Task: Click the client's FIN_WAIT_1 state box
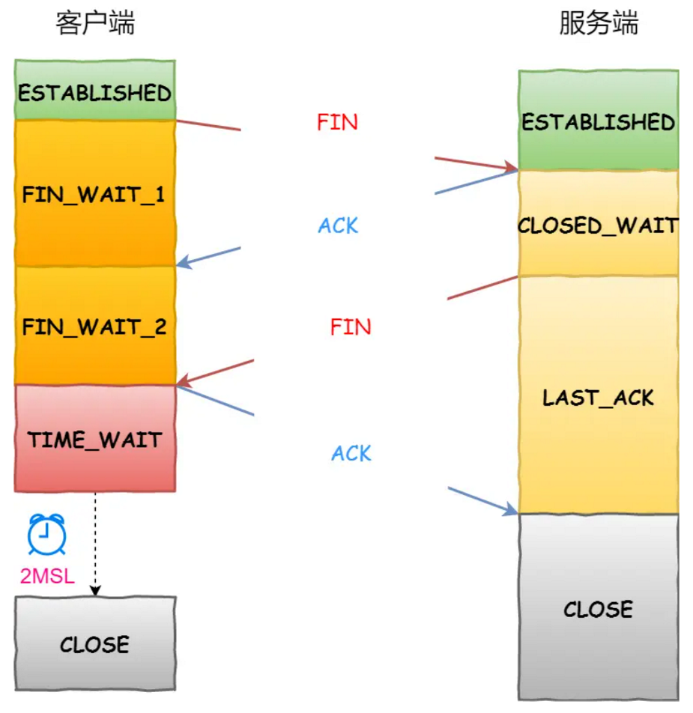[95, 193]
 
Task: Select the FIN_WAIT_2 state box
[95, 326]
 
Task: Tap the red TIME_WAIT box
[95, 438]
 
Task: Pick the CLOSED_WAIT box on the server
[599, 223]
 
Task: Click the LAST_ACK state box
[599, 395]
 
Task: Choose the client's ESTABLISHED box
[95, 90]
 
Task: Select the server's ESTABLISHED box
[599, 121]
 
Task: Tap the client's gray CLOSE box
[95, 643]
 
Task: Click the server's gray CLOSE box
[599, 607]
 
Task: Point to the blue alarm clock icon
[47, 534]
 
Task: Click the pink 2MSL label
[47, 576]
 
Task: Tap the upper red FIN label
[337, 122]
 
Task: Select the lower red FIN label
[351, 327]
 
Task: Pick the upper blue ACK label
[339, 225]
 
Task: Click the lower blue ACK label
[351, 453]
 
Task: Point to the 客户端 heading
[95, 23]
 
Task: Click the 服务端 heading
[599, 23]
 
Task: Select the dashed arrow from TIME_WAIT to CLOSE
[95, 544]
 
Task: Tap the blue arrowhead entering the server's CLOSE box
[511, 510]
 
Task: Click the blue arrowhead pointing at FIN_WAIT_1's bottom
[184, 262]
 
